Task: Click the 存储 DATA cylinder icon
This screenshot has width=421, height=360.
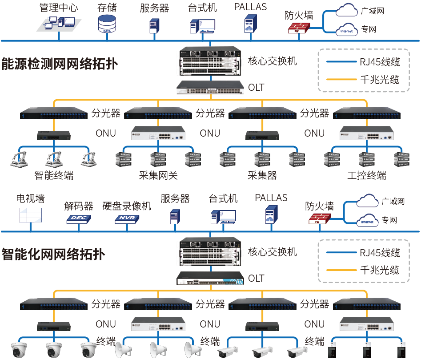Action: (x=107, y=24)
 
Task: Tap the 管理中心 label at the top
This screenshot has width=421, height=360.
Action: (x=59, y=8)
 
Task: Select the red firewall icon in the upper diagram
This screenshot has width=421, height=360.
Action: (x=299, y=28)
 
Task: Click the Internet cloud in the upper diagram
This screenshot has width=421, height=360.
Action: (x=347, y=29)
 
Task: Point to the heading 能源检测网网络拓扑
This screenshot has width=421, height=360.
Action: (x=60, y=64)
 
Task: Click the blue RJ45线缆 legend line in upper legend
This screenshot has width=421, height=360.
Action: (x=341, y=62)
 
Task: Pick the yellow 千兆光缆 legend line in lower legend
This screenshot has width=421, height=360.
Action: (x=341, y=270)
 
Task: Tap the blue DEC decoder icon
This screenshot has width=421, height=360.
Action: (x=79, y=219)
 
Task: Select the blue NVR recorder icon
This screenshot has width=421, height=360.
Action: (x=127, y=219)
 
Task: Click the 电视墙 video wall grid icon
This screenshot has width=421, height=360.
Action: (x=31, y=215)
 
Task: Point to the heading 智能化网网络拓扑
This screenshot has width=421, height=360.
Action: (x=53, y=255)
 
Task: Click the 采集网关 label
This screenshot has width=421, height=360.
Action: (x=158, y=175)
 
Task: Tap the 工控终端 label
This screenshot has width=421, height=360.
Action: (x=367, y=175)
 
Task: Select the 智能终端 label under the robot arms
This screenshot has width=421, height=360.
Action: (x=54, y=175)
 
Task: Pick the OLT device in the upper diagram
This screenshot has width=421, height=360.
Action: (x=210, y=87)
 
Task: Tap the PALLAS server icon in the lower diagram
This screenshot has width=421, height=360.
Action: (x=271, y=214)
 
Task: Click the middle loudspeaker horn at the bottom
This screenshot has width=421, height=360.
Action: (x=158, y=349)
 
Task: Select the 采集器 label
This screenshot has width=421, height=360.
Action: (x=262, y=175)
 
